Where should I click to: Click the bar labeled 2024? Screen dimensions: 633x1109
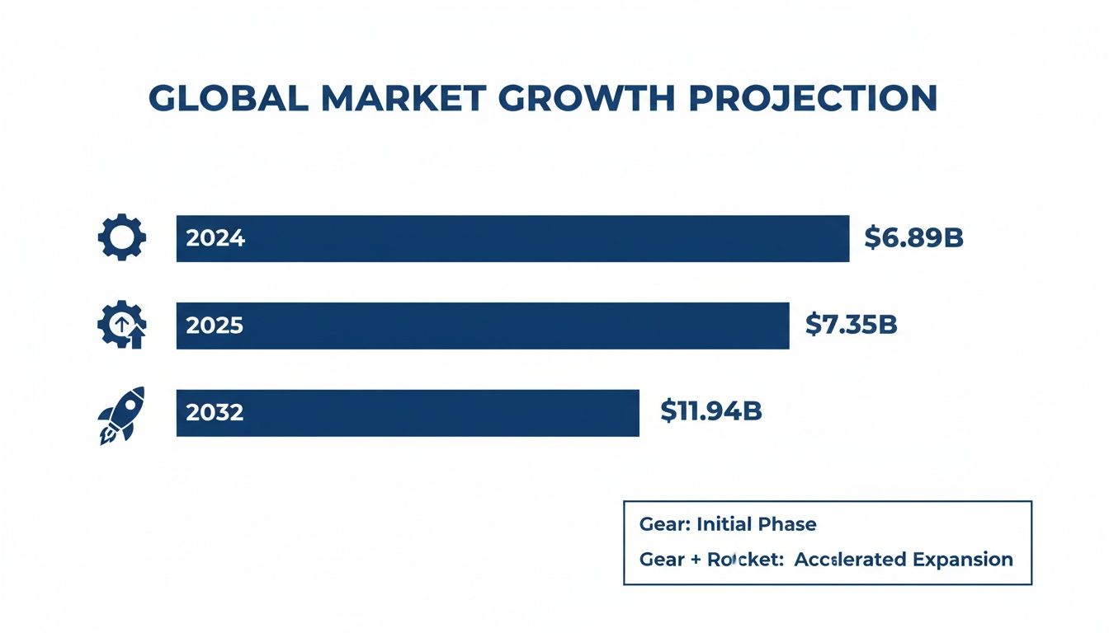pyautogui.click(x=512, y=239)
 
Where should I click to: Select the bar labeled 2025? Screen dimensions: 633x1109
pyautogui.click(x=483, y=326)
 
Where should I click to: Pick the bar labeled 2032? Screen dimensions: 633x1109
pyautogui.click(x=408, y=413)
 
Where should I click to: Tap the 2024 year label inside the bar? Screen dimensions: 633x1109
pyautogui.click(x=215, y=239)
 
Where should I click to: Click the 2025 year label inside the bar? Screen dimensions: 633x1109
pyautogui.click(x=215, y=326)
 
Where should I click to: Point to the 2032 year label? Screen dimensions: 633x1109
pyautogui.click(x=215, y=413)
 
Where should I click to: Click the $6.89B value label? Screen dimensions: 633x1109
pyautogui.click(x=913, y=238)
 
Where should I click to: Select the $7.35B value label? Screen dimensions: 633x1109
pyautogui.click(x=851, y=325)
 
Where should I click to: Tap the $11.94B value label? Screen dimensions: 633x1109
pyautogui.click(x=710, y=411)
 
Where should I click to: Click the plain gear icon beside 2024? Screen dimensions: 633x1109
pyautogui.click(x=122, y=238)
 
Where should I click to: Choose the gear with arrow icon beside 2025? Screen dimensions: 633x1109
pyautogui.click(x=122, y=325)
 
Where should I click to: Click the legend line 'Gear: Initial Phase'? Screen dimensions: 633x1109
pyautogui.click(x=728, y=524)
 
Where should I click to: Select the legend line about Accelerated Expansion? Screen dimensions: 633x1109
pyautogui.click(x=826, y=560)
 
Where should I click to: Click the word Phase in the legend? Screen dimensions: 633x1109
pyautogui.click(x=789, y=524)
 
